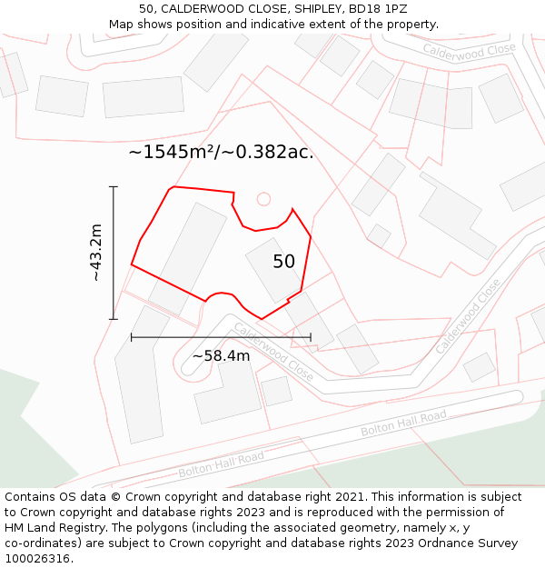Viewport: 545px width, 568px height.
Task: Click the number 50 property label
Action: tap(284, 262)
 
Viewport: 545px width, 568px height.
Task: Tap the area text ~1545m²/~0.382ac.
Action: tap(221, 153)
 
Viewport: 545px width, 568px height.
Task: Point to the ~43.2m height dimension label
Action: tap(96, 253)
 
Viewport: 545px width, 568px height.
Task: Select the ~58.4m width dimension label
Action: tap(221, 355)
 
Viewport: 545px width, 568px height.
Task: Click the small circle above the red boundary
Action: tap(263, 198)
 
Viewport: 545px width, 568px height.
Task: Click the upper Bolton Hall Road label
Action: tap(403, 423)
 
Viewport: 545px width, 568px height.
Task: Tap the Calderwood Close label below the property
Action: tap(273, 352)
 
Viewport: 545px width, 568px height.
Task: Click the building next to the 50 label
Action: tap(270, 269)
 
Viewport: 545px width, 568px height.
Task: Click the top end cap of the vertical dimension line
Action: tap(114, 186)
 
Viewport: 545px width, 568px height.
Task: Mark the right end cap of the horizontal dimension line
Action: tap(311, 337)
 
